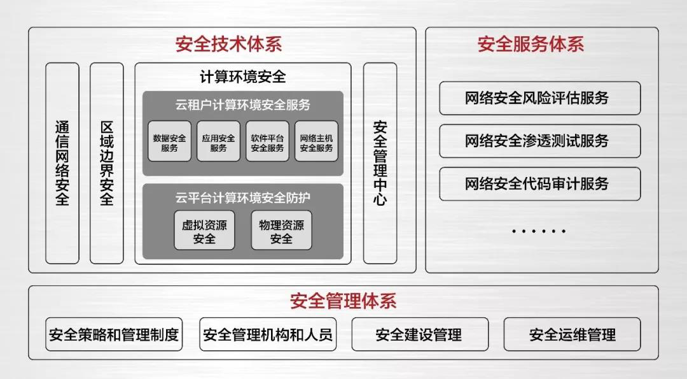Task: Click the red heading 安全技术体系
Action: point(228,45)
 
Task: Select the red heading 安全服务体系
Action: point(530,45)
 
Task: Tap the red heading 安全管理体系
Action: point(343,301)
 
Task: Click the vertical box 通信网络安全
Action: point(62,163)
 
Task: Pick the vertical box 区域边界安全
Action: point(107,163)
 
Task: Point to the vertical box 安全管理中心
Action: point(380,163)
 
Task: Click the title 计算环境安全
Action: point(242,77)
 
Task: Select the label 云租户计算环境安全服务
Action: point(242,103)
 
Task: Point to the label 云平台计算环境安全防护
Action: point(242,197)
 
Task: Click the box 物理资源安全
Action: point(281,231)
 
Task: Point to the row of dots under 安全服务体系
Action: point(538,231)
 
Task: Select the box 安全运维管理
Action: point(572,334)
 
